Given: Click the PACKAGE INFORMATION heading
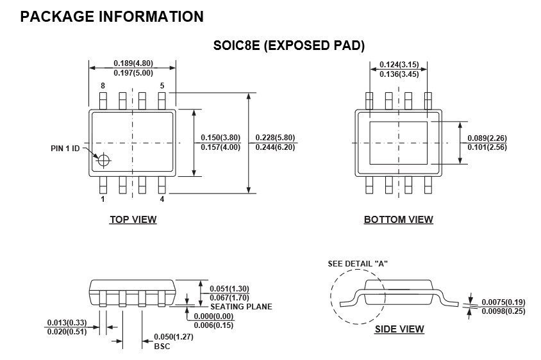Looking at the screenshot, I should pyautogui.click(x=112, y=17).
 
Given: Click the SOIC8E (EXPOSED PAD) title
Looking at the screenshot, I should pyautogui.click(x=288, y=45).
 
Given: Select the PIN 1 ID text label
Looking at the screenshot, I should pyautogui.click(x=65, y=149).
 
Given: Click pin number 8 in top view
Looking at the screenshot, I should pyautogui.click(x=102, y=86).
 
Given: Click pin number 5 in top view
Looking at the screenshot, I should pyautogui.click(x=162, y=86).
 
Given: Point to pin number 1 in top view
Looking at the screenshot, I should pyautogui.click(x=102, y=199).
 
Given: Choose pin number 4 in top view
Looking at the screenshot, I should pyautogui.click(x=162, y=199).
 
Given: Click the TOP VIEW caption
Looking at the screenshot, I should pyautogui.click(x=133, y=220).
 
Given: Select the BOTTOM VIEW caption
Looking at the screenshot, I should pyautogui.click(x=398, y=220).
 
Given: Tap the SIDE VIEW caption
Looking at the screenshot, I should pyautogui.click(x=399, y=329).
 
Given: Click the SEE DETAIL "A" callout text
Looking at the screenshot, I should pyautogui.click(x=358, y=263).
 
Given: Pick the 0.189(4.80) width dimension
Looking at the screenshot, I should pyautogui.click(x=133, y=63).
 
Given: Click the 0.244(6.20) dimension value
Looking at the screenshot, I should pyautogui.click(x=276, y=147).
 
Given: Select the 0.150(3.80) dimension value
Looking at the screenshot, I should pyautogui.click(x=221, y=138).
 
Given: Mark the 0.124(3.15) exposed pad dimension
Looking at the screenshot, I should pyautogui.click(x=399, y=65).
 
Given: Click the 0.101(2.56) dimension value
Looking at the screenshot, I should pyautogui.click(x=487, y=147).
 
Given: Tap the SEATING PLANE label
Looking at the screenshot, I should pyautogui.click(x=241, y=306).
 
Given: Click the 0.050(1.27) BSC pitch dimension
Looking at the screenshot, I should pyautogui.click(x=173, y=337).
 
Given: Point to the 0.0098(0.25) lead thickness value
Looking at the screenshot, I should pyautogui.click(x=503, y=311).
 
